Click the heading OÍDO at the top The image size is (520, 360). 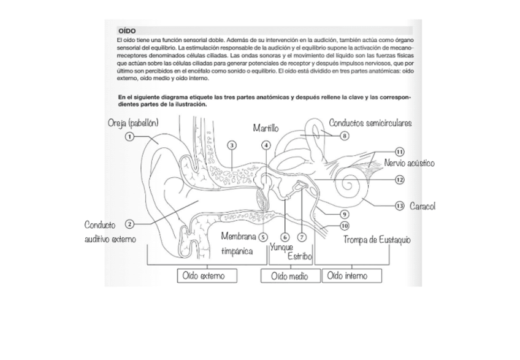pos(126,30)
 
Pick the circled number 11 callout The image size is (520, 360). pos(399,151)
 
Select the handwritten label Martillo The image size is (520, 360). pos(266,129)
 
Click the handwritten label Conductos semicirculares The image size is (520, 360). pos(370,123)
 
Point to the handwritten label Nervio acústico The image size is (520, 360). pos(409,163)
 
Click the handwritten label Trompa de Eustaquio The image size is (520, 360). pos(377,239)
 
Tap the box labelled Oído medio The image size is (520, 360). pos(291,276)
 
